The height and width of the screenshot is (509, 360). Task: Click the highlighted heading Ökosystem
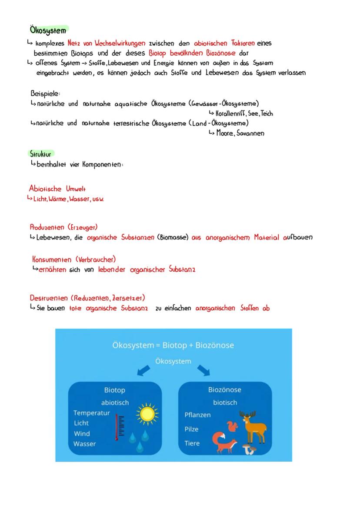click(48, 30)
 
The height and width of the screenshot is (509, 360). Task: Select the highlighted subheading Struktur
click(41, 154)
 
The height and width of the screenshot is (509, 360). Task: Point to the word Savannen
click(249, 133)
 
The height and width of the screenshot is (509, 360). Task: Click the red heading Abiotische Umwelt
click(57, 189)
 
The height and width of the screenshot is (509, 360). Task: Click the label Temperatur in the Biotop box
click(91, 413)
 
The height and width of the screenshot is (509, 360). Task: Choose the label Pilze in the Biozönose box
click(191, 429)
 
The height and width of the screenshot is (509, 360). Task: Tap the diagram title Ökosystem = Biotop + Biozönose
click(173, 345)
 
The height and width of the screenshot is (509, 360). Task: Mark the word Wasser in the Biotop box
click(84, 444)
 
